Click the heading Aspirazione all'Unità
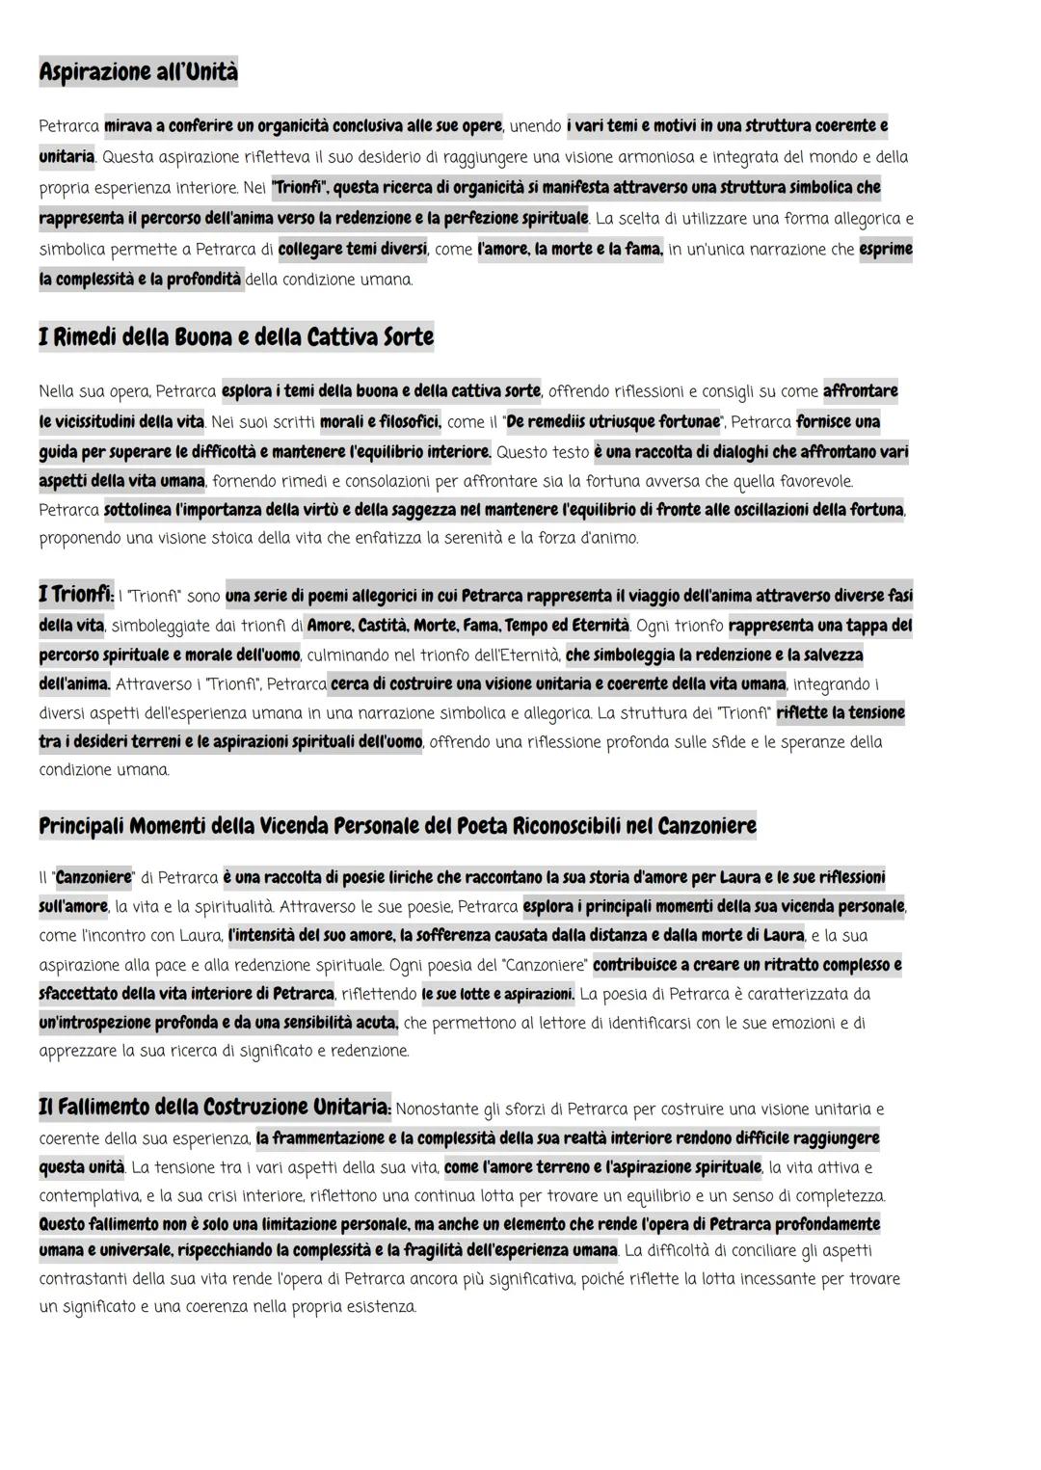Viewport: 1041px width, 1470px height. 138,72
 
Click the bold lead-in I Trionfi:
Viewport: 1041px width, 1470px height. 75,595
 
